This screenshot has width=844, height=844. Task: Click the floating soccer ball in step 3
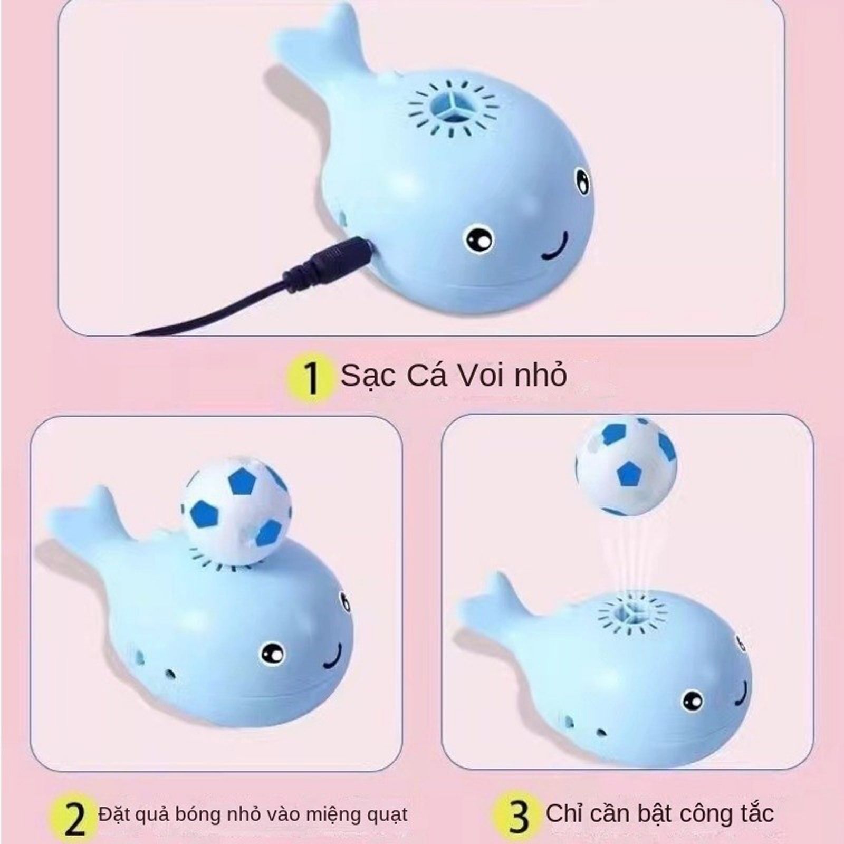pos(626,466)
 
